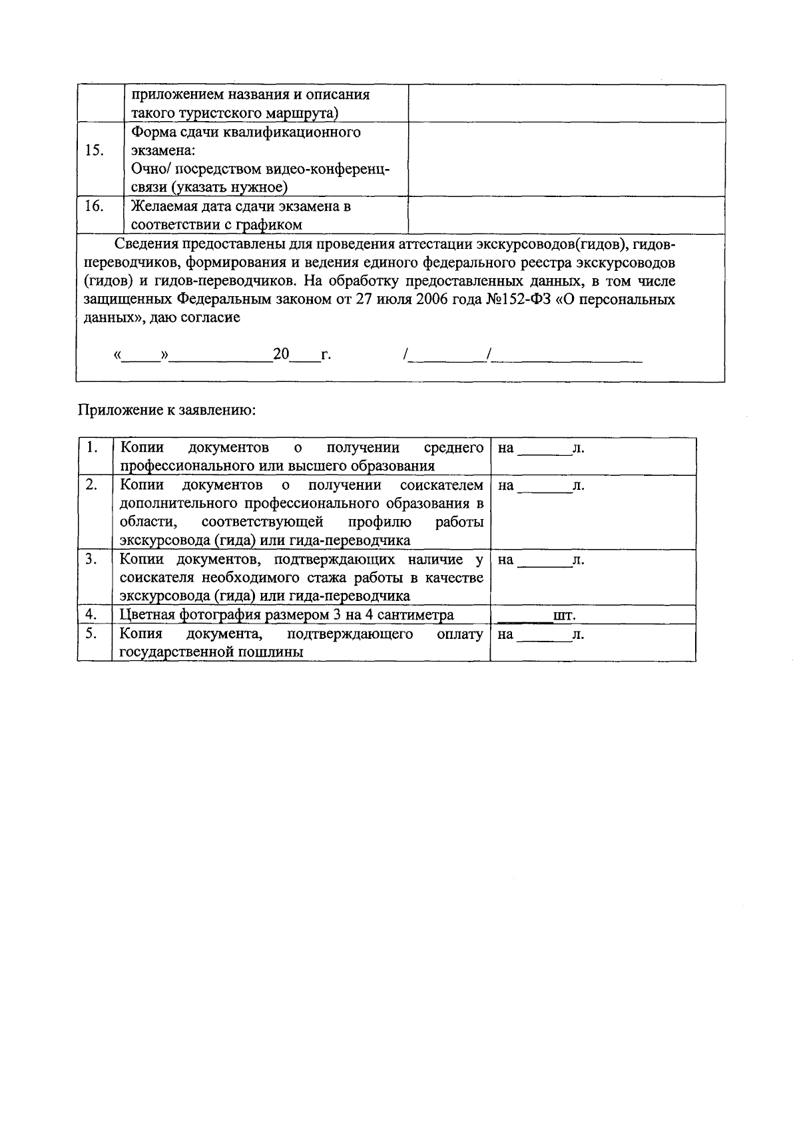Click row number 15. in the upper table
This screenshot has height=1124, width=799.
[x=95, y=150]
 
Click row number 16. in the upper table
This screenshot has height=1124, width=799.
[x=95, y=206]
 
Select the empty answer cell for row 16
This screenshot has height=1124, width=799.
[x=566, y=215]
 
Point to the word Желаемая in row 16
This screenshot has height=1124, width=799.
[x=162, y=206]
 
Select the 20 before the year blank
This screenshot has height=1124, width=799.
[x=281, y=354]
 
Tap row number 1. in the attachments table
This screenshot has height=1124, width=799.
[x=93, y=448]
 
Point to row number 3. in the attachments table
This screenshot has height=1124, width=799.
[x=92, y=560]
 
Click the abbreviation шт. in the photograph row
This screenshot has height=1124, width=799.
[x=565, y=616]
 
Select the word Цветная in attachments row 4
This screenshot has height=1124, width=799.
[x=144, y=615]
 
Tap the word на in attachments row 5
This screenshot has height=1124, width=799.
[x=505, y=634]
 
